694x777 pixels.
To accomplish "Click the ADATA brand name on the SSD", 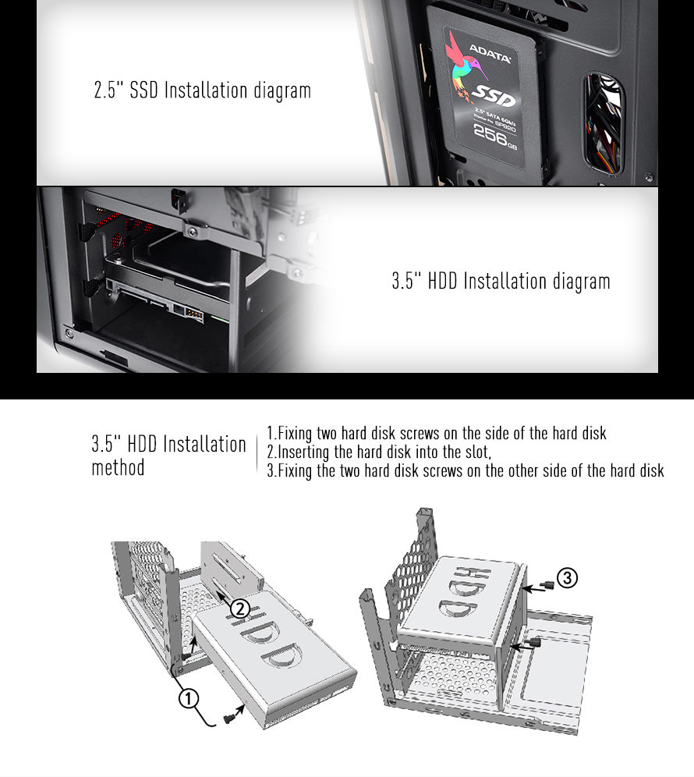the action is click(490, 54).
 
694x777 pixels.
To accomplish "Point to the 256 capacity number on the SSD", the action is click(490, 133).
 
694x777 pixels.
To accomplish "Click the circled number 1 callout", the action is click(188, 699).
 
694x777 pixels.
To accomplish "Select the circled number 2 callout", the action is click(240, 608).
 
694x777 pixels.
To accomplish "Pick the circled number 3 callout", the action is click(567, 578).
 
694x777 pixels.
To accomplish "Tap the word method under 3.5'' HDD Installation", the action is click(118, 467).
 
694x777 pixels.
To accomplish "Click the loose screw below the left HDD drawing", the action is click(228, 718).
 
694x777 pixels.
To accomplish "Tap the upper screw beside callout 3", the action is click(547, 585).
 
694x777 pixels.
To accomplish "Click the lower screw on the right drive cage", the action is click(533, 643).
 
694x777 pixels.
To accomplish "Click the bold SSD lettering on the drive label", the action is click(494, 96).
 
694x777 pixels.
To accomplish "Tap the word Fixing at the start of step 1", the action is click(295, 434).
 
